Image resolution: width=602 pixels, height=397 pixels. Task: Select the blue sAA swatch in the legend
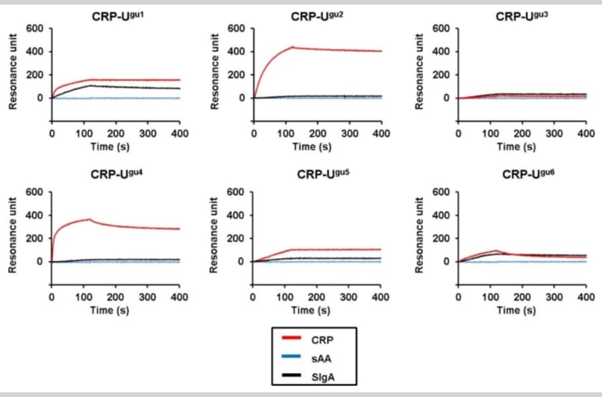[294, 360]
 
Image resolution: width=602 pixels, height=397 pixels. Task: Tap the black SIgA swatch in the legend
[294, 379]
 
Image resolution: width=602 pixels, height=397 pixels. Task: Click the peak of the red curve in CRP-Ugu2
[292, 47]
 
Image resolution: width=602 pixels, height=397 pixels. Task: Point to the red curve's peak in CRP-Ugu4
[90, 219]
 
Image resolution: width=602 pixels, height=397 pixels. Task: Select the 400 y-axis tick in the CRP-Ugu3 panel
[441, 51]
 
